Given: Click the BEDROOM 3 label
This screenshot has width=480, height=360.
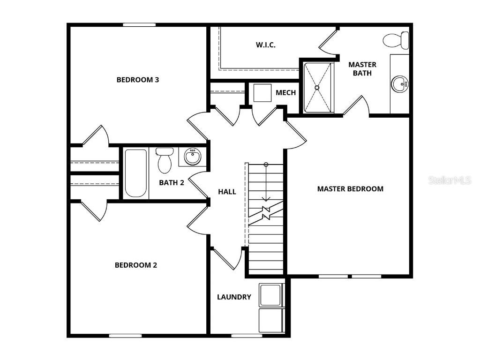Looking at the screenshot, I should [x=137, y=80].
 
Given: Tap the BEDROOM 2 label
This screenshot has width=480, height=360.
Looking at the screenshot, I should [x=136, y=265].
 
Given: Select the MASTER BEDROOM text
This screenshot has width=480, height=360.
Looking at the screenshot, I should [x=350, y=189].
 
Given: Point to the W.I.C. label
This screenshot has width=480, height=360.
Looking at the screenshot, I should [x=265, y=45].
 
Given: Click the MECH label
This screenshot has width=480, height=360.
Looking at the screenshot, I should [x=285, y=92].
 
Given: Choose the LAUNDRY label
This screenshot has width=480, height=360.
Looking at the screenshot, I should [x=234, y=297].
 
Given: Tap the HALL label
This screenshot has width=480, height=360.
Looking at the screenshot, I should [x=227, y=192].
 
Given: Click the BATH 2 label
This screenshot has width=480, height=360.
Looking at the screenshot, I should [x=171, y=182].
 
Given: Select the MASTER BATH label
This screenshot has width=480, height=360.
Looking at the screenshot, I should [x=362, y=69].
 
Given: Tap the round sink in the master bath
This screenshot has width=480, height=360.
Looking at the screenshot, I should [x=400, y=84].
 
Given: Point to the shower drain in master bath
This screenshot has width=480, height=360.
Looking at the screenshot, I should [x=317, y=88].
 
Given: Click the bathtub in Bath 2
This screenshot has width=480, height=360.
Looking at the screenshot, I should [x=135, y=173].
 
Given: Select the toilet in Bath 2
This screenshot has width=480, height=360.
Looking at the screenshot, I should [x=164, y=160].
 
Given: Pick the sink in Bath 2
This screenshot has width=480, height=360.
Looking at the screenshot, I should [x=192, y=156].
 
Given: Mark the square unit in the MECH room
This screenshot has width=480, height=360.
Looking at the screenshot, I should [x=263, y=93].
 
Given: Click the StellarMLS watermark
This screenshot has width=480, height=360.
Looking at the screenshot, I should [x=449, y=180].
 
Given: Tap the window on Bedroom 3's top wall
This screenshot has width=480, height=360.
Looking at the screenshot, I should [x=139, y=25].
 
